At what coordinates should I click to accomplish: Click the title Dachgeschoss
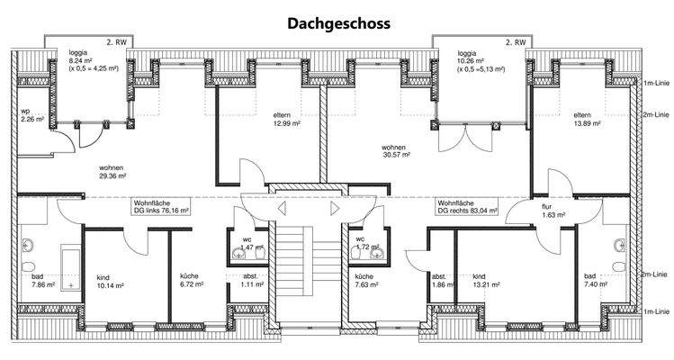click(x=337, y=23)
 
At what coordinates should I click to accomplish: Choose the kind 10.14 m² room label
click(x=109, y=282)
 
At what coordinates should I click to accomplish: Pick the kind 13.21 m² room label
click(x=487, y=282)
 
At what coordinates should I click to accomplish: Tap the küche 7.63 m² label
click(x=371, y=282)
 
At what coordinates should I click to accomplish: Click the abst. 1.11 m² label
click(x=253, y=282)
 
